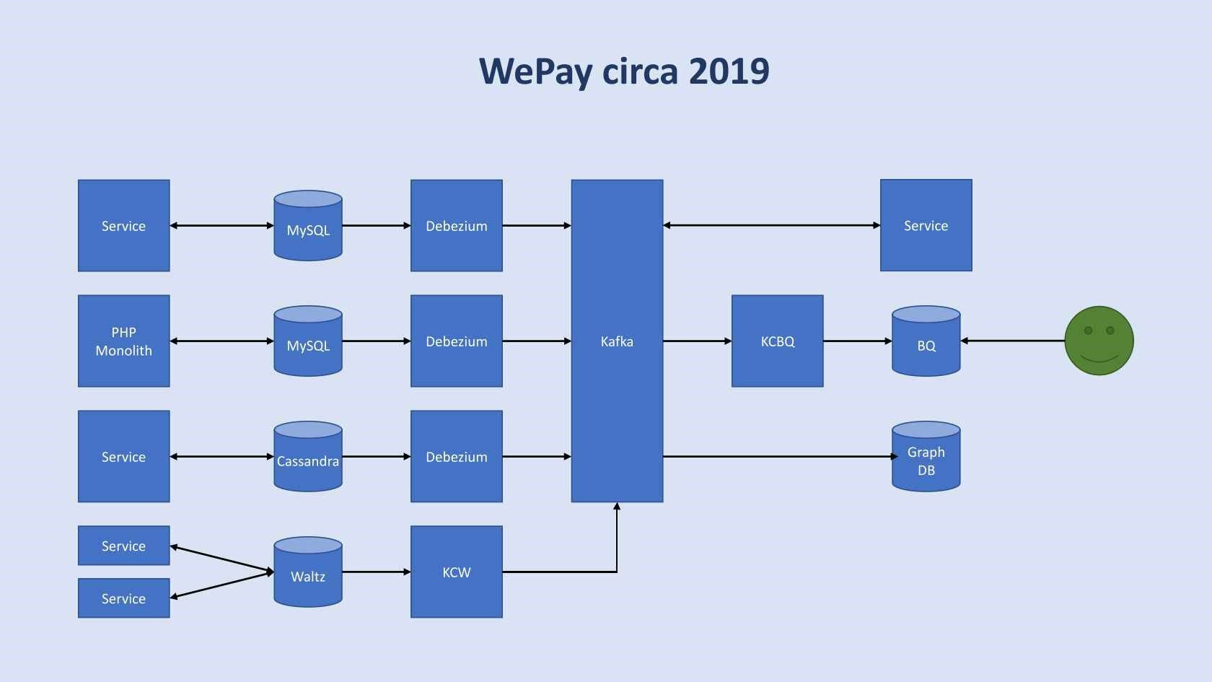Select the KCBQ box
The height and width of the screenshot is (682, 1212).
coord(777,341)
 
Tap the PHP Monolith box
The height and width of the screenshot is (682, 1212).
coord(123,341)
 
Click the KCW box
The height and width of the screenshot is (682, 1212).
coord(456,572)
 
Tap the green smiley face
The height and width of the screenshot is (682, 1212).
coord(1099,341)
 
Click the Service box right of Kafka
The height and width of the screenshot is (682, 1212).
coord(926,225)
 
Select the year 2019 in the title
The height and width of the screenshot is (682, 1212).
coord(729,71)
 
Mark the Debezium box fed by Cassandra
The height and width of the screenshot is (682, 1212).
coord(456,456)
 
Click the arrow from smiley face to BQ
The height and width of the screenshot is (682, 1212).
coord(1013,341)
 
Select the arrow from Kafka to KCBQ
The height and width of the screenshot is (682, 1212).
coord(697,341)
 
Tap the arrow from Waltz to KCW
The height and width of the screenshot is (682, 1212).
coord(376,572)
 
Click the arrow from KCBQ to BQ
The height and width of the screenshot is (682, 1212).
coord(857,341)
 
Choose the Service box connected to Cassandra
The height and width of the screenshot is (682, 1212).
coord(123,456)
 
